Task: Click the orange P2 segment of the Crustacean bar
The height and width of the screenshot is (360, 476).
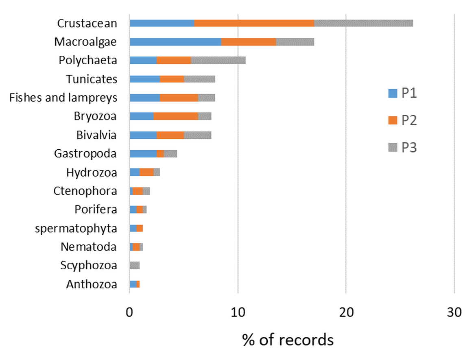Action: [x=254, y=23]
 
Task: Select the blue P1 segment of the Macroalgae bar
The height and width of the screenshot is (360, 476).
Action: [x=175, y=42]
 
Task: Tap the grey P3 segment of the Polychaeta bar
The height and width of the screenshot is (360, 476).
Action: [x=218, y=61]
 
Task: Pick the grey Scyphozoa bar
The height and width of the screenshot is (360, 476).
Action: [x=135, y=266]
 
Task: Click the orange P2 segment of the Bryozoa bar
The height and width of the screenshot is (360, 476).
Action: [x=176, y=116]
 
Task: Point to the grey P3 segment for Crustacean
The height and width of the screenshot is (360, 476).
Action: [x=363, y=23]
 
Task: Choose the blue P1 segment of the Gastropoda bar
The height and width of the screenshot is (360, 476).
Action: [x=143, y=154]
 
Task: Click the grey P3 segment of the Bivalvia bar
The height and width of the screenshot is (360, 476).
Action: [x=197, y=135]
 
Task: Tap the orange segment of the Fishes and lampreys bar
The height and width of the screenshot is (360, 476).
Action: [x=179, y=98]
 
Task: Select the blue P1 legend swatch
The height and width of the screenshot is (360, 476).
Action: [x=392, y=94]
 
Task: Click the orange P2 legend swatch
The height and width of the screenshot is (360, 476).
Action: [x=392, y=120]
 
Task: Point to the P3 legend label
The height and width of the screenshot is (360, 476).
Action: [x=409, y=147]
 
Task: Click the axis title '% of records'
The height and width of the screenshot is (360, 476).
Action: [x=288, y=339]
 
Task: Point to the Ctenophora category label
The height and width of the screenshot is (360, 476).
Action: [x=85, y=191]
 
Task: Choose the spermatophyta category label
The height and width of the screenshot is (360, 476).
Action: [x=76, y=228]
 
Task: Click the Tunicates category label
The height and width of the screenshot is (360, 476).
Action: [x=92, y=79]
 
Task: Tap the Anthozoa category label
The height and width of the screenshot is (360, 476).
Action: [x=92, y=284]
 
